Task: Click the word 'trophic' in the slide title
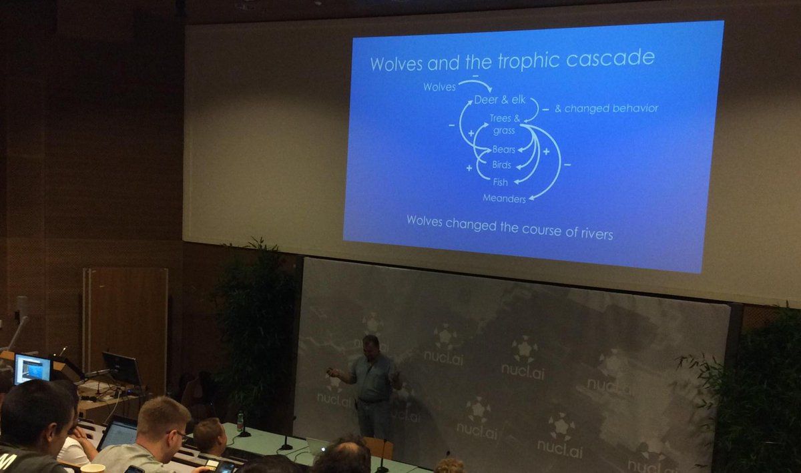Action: (528, 61)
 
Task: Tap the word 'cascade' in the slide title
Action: (611, 57)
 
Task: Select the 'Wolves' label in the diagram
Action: (439, 87)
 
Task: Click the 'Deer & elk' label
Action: (500, 100)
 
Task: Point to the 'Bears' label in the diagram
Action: (503, 149)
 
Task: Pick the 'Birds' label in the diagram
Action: (502, 165)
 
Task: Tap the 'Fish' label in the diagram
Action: (500, 182)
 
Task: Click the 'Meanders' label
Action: (504, 198)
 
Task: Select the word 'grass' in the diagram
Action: (504, 131)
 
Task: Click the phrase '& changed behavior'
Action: (607, 108)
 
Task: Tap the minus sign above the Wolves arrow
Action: (475, 76)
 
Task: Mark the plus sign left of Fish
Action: (469, 167)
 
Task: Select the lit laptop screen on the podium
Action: (32, 369)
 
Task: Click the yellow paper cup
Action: (93, 468)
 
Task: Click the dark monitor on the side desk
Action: (121, 368)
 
